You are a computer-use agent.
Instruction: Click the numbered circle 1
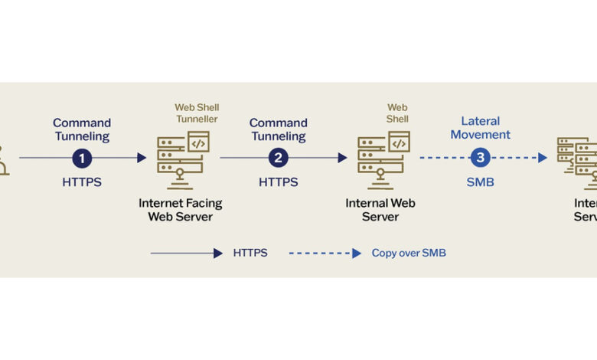pos(82,158)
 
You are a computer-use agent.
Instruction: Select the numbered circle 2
pos(279,158)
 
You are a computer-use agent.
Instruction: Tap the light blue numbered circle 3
pos(480,158)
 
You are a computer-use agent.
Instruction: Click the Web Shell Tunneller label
pos(197,113)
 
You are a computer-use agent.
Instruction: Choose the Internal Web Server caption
pos(380,210)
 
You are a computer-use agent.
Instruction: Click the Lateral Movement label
pos(480,128)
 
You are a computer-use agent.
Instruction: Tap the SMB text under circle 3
pos(480,182)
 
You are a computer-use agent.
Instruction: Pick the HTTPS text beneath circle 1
pos(82,182)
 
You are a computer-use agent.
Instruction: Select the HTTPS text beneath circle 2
pos(279,182)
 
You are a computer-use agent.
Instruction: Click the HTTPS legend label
pos(250,253)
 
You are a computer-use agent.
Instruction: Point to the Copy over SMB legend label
pos(409,253)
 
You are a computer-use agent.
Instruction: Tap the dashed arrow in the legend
pos(325,253)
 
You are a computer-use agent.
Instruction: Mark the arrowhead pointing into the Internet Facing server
pos(142,158)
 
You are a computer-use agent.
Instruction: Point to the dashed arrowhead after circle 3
pos(543,158)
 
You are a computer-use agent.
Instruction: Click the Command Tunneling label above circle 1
pos(82,129)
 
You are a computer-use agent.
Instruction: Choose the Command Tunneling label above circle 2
pos(279,129)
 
